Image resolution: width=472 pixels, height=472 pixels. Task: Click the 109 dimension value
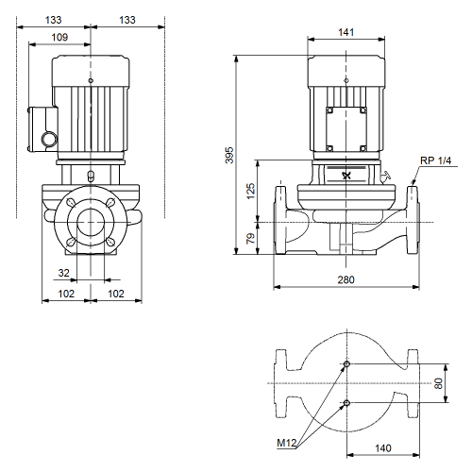click(x=59, y=37)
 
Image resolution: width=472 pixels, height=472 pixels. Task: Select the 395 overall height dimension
click(x=229, y=155)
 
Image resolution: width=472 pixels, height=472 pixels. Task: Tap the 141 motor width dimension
click(x=346, y=32)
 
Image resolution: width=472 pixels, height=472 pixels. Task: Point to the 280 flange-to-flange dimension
click(x=346, y=279)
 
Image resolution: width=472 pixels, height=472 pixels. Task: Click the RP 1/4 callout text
click(x=435, y=160)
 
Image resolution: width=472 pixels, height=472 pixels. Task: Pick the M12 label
click(x=287, y=443)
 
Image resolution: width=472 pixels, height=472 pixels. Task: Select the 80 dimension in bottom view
click(x=438, y=383)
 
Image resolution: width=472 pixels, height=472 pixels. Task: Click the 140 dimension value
click(x=383, y=448)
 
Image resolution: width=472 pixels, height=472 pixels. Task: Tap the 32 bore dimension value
click(x=63, y=273)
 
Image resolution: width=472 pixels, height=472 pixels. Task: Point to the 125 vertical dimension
click(x=250, y=191)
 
